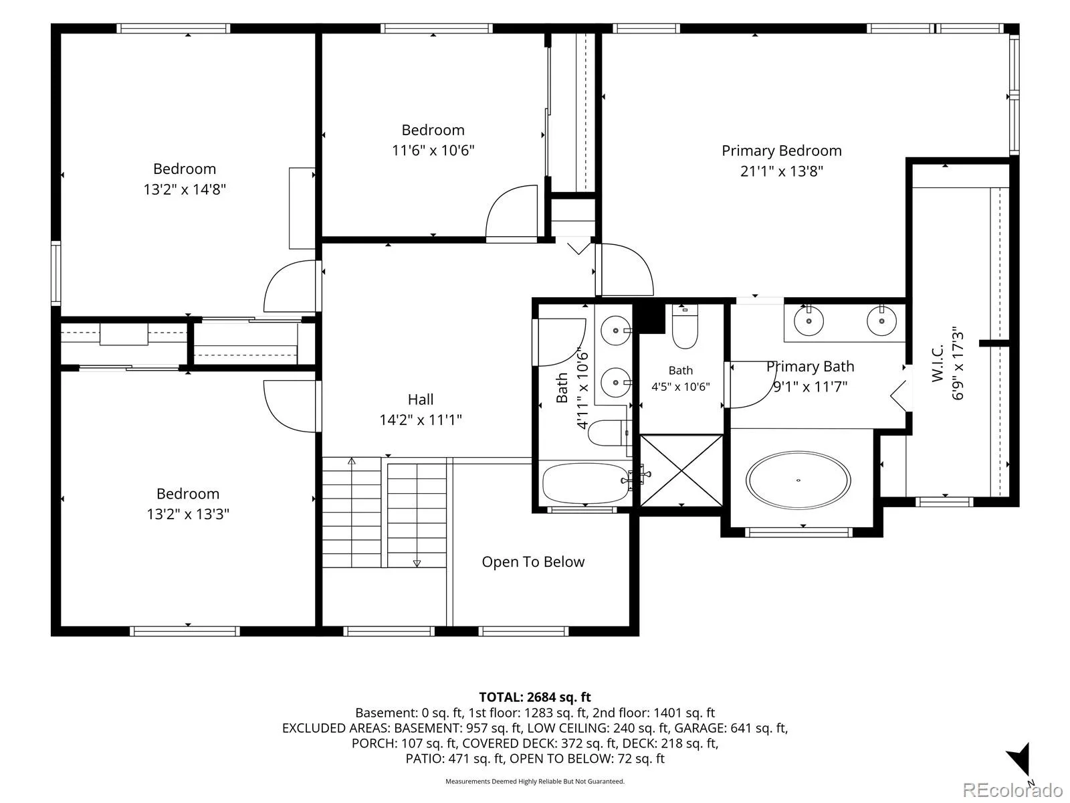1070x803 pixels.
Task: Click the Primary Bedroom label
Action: [781, 151]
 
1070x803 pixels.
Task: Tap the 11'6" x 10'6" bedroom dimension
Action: [433, 150]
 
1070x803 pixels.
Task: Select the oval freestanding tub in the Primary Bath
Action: [798, 480]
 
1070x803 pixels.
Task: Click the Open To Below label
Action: [533, 561]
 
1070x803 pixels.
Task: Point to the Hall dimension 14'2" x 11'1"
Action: [420, 420]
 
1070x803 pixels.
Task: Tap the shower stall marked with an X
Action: [681, 470]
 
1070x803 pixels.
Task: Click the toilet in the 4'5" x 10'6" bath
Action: [684, 326]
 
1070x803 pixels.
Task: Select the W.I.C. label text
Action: [938, 363]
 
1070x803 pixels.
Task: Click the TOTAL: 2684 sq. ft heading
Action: [535, 697]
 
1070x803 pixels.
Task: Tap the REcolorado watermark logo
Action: [1012, 790]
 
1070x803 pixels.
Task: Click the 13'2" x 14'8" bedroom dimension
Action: [185, 189]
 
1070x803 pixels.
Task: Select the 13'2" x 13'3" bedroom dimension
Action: [188, 514]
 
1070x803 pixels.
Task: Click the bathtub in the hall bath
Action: [585, 482]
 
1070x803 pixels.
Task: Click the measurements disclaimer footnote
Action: [535, 781]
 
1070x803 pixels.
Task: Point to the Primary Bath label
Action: [810, 366]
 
